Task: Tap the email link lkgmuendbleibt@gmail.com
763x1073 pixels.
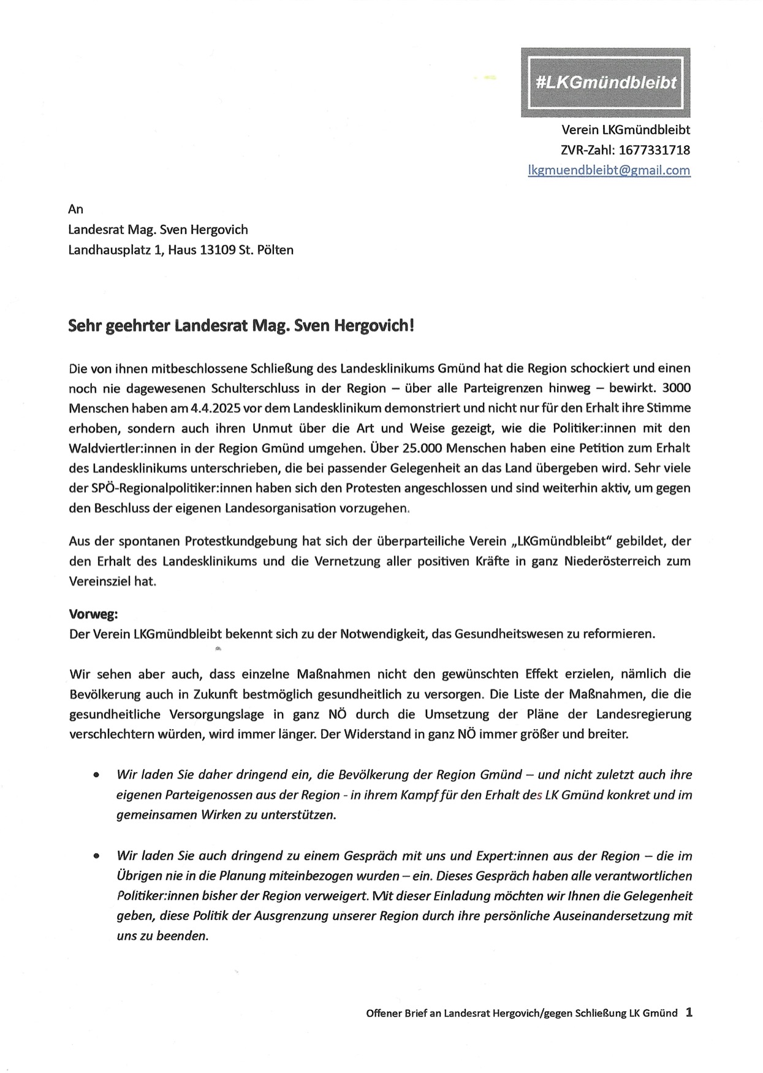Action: tap(609, 170)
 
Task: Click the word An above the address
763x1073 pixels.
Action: tap(75, 209)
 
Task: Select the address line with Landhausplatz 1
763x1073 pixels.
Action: tap(181, 250)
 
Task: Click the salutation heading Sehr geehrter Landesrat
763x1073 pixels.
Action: tap(241, 325)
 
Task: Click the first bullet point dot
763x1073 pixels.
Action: tap(96, 775)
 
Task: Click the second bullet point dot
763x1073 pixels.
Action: tap(96, 856)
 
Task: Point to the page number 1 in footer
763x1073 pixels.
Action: tap(689, 1013)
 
